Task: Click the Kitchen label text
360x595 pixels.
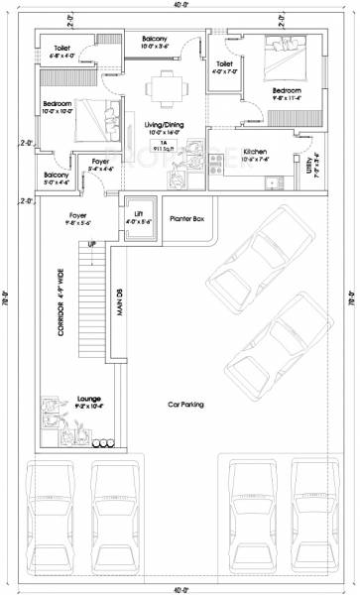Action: tap(256, 151)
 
